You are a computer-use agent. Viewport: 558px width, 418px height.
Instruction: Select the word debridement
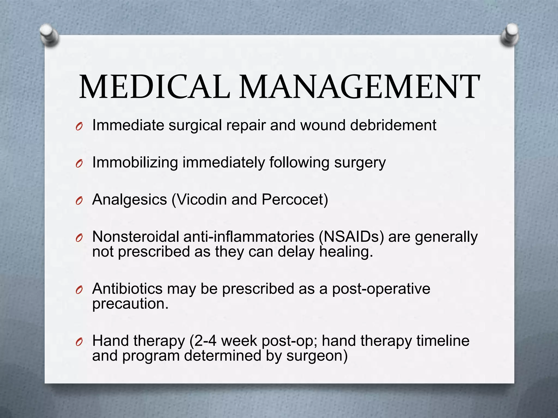click(x=393, y=125)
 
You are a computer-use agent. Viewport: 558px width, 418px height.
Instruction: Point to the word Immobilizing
click(x=135, y=163)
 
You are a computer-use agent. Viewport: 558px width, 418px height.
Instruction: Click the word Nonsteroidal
click(x=135, y=237)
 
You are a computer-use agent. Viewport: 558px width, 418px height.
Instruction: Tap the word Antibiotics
click(x=127, y=289)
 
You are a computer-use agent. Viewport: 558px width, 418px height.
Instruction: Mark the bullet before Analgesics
click(x=79, y=201)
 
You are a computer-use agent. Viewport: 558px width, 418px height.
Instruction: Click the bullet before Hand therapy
click(x=79, y=342)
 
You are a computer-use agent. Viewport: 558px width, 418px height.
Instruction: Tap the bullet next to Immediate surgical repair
click(x=79, y=127)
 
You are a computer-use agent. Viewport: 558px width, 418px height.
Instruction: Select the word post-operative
click(x=381, y=289)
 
